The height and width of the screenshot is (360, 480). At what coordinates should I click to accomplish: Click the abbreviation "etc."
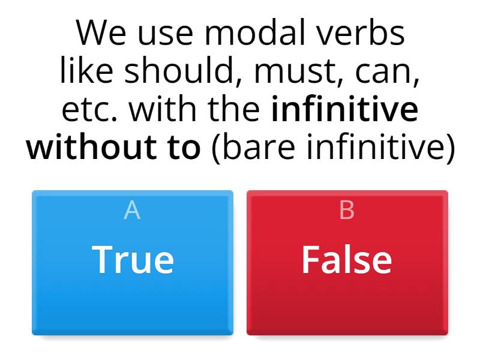click(x=90, y=110)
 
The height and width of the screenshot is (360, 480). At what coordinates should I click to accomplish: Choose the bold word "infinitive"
click(x=344, y=110)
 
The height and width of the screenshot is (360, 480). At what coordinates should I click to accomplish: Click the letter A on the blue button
click(x=132, y=211)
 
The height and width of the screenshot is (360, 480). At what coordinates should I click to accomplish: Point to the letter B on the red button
click(x=347, y=211)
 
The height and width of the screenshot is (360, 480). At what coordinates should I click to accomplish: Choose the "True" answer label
click(x=133, y=260)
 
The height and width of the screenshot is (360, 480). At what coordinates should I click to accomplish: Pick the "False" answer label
click(x=347, y=260)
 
